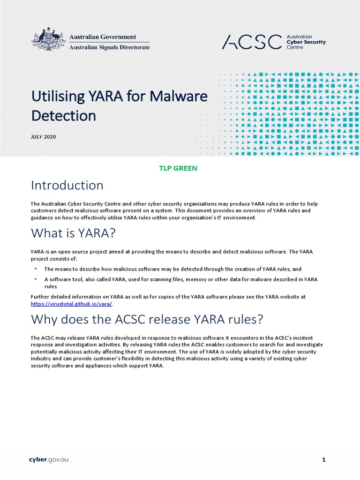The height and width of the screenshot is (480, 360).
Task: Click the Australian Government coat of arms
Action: click(x=48, y=40)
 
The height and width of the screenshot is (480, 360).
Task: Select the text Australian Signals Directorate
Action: click(x=110, y=47)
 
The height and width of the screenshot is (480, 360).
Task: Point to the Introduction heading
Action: click(x=67, y=186)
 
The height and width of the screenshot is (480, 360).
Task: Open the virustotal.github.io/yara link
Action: click(x=72, y=303)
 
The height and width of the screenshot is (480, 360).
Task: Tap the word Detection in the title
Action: click(x=63, y=115)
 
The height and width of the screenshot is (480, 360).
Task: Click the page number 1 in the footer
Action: click(x=323, y=460)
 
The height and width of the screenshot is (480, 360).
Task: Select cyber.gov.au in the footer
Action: click(x=49, y=460)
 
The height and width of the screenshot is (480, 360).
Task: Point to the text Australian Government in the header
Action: click(x=103, y=37)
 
